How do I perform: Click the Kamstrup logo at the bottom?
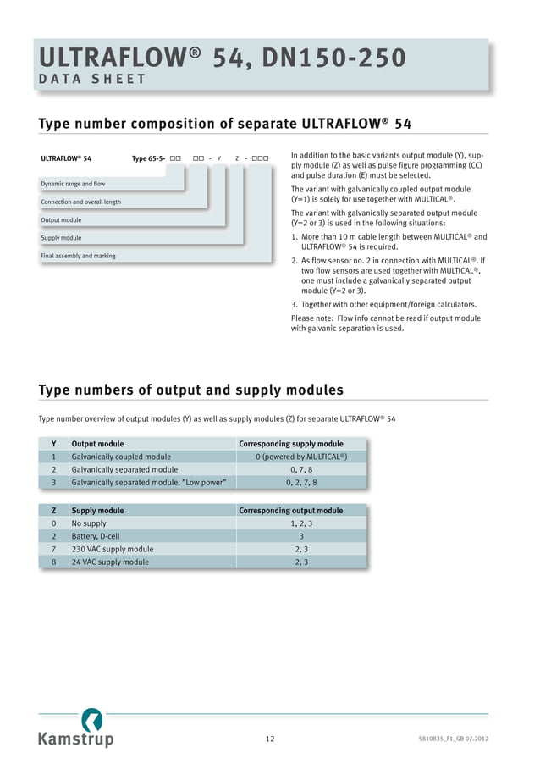point(75,730)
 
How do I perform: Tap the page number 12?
point(270,739)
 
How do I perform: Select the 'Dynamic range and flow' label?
point(73,184)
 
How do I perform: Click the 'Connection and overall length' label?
point(80,202)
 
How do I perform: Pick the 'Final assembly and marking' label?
point(78,256)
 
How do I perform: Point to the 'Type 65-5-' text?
point(149,158)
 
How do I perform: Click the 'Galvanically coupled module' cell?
point(121,457)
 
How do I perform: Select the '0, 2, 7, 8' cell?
point(302,482)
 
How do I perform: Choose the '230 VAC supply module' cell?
point(113,549)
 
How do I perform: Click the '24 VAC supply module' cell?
point(110,562)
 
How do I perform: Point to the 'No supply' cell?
point(89,523)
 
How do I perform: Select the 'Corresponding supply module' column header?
point(291,444)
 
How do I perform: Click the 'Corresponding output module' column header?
point(291,511)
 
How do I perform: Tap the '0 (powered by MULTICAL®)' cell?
point(302,457)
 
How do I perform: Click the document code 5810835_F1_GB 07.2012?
point(454,739)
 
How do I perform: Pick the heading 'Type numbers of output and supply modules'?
point(191,390)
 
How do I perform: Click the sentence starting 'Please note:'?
point(385,324)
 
